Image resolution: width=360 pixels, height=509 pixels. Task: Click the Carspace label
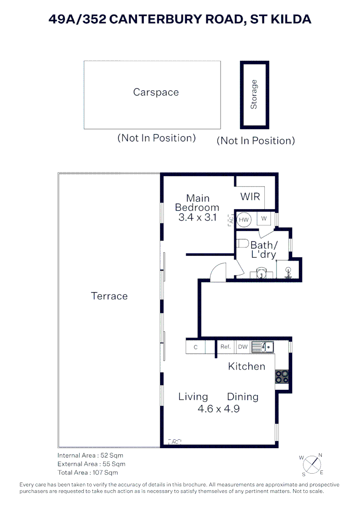point(156,92)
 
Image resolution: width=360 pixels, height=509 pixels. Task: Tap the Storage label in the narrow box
point(254,94)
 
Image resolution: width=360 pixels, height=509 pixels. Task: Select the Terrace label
point(109,296)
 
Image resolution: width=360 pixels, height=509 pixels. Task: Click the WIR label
point(250,197)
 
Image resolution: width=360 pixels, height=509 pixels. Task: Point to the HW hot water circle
point(244,220)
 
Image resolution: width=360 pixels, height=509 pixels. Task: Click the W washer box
point(264,219)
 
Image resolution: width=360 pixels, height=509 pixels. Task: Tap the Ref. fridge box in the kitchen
point(225,347)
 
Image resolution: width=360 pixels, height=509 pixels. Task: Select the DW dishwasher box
point(243,347)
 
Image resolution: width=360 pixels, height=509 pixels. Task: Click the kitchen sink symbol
point(262,347)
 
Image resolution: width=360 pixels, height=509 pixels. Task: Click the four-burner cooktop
point(282,377)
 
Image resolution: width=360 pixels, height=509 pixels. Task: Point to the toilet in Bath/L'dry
point(242,244)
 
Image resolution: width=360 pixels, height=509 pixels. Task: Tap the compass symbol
point(311,465)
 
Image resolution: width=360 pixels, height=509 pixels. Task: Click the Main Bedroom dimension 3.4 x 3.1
point(197,217)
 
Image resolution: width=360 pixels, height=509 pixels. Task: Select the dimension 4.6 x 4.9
point(219,409)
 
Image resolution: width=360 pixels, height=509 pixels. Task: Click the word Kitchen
point(246,367)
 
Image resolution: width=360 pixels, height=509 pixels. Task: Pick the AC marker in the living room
point(175,442)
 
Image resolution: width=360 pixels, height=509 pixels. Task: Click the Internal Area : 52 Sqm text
point(90,455)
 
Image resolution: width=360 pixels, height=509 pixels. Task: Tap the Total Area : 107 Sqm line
point(88,473)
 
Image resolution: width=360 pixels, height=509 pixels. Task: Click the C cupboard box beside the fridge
point(196,347)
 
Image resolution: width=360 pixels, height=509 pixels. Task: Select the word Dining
point(243,397)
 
